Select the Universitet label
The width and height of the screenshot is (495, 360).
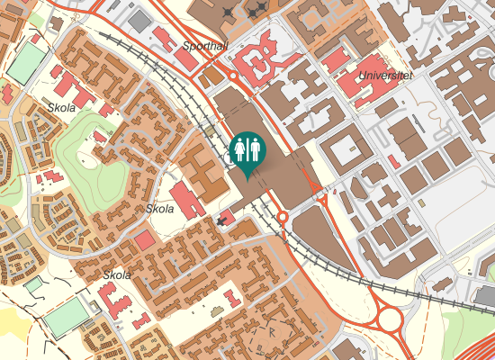pyautogui.click(x=384, y=76)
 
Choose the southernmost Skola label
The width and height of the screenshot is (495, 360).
pyautogui.click(x=117, y=275)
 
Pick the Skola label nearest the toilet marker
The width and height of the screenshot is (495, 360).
pyautogui.click(x=159, y=209)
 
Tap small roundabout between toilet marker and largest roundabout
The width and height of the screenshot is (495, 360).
pyautogui.click(x=282, y=217)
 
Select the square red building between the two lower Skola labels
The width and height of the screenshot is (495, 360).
pyautogui.click(x=144, y=240)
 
